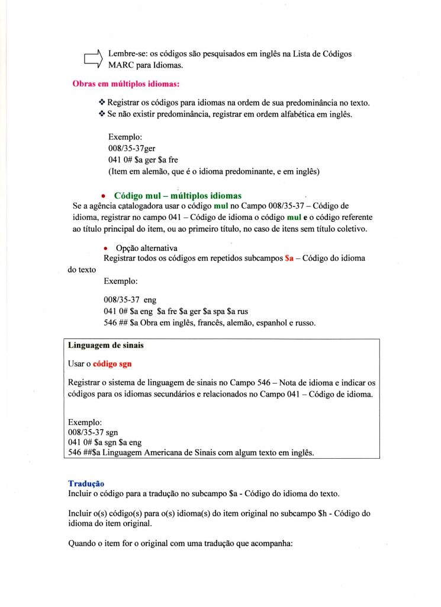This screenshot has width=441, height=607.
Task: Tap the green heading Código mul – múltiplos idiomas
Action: click(x=178, y=195)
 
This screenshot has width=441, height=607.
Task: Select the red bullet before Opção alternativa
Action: click(x=104, y=248)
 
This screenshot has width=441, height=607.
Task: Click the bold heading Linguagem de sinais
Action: click(x=106, y=345)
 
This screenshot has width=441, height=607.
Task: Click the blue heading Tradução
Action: click(x=86, y=484)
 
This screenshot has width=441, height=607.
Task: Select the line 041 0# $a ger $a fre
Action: click(x=140, y=160)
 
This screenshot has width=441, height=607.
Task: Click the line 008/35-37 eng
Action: click(x=130, y=300)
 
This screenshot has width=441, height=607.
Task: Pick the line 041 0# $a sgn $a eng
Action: click(x=105, y=443)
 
